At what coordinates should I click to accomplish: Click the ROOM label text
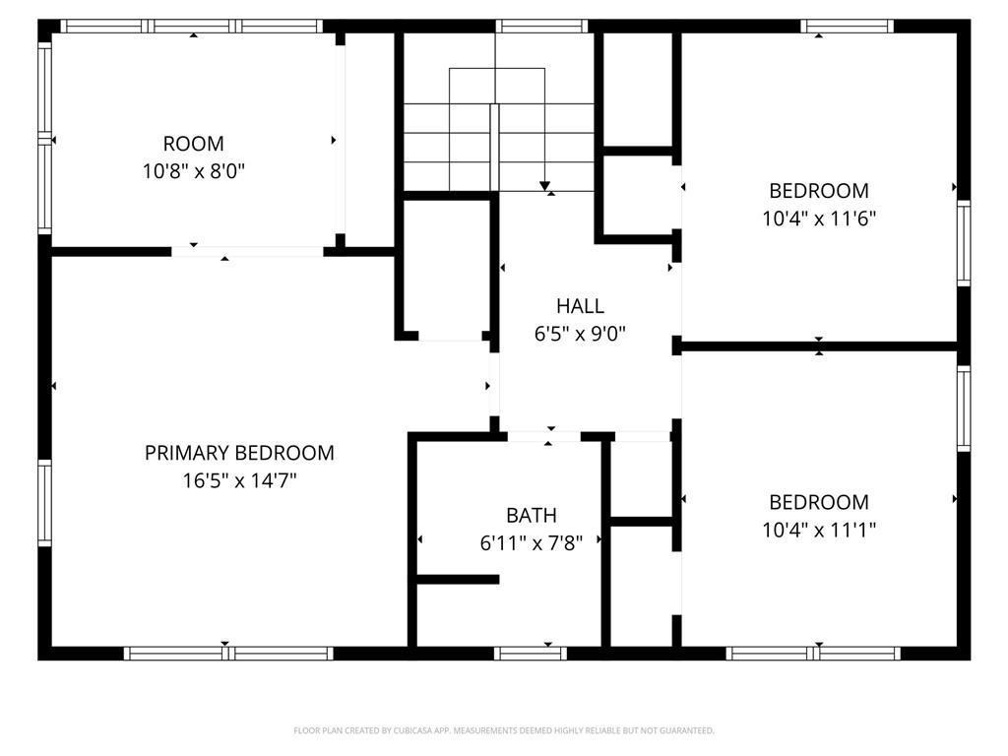[x=194, y=144]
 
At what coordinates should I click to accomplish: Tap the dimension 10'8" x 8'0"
[x=194, y=171]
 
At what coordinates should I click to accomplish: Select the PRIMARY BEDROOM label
[x=239, y=453]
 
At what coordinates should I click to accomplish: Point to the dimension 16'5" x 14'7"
[x=239, y=480]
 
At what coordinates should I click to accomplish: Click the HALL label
[x=580, y=306]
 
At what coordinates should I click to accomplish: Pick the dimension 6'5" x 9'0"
[x=580, y=334]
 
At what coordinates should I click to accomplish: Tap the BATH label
[x=531, y=516]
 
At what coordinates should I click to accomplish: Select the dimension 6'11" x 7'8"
[x=531, y=543]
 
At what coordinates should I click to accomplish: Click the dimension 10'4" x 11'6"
[x=819, y=219]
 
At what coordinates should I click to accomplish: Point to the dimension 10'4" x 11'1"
[x=819, y=530]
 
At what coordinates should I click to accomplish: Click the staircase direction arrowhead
[x=545, y=186]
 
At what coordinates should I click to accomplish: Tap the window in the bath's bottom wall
[x=531, y=654]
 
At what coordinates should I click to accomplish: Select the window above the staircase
[x=542, y=27]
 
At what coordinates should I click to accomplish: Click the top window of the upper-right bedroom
[x=847, y=27]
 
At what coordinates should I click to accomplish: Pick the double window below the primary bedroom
[x=228, y=654]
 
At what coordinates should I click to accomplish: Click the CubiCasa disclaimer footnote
[x=504, y=730]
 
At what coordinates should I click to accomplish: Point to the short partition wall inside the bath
[x=458, y=580]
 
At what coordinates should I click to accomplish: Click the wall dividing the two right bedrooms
[x=819, y=346]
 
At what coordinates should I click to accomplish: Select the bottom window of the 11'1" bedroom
[x=813, y=654]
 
